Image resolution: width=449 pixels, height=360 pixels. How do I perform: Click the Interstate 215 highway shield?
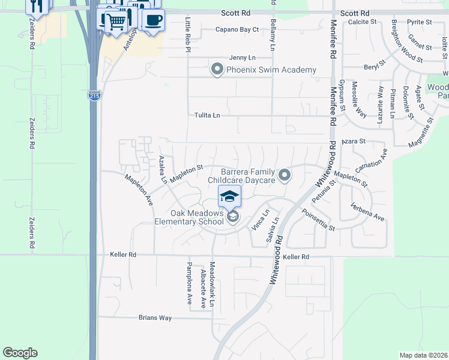coord(94,95)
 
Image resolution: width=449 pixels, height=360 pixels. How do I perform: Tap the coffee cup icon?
coord(153,20)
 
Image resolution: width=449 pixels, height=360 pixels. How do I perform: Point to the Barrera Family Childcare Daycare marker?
coord(285,175)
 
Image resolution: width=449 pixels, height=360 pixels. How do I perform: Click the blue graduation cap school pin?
coord(229,196)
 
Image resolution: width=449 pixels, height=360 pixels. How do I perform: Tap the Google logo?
coord(20,353)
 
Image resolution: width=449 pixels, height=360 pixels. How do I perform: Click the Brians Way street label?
coord(155,318)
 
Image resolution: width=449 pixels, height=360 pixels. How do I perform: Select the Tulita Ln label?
coord(207,115)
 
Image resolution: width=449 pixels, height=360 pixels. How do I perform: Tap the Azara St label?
coord(354,142)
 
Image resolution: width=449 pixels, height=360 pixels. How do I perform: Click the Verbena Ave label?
coord(367,212)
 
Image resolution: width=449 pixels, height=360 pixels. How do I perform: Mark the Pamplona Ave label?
coord(188,284)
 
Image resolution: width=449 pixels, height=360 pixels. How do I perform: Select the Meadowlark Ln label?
coord(212,285)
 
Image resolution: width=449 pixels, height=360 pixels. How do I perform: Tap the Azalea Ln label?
coord(162,170)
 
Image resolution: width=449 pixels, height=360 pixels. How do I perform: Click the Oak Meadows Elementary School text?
coord(197,217)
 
